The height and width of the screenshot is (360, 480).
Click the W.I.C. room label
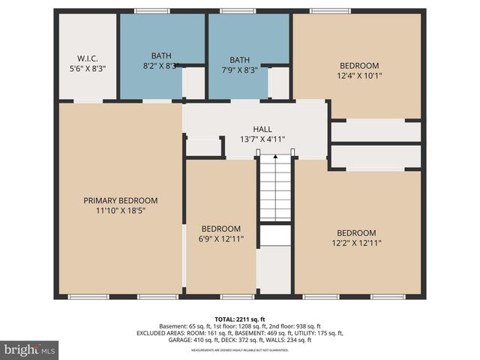pyautogui.click(x=88, y=58)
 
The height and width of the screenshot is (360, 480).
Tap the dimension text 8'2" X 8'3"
pyautogui.click(x=161, y=66)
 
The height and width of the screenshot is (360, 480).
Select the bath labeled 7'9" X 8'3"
pyautogui.click(x=239, y=60)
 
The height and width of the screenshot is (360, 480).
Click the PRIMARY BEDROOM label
pyautogui.click(x=120, y=200)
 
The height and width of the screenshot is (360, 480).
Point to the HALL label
pyautogui.click(x=262, y=129)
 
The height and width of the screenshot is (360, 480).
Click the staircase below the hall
pyautogui.click(x=275, y=187)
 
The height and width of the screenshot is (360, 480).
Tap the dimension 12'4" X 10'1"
pyautogui.click(x=358, y=75)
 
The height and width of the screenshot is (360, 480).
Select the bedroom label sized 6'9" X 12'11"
pyautogui.click(x=220, y=229)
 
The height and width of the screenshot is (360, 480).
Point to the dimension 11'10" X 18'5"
pyautogui.click(x=120, y=211)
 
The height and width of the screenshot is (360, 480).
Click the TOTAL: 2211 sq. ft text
pyautogui.click(x=239, y=318)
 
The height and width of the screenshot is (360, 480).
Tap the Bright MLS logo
pyautogui.click(x=29, y=349)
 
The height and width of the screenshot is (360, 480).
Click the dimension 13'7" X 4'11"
pyautogui.click(x=262, y=139)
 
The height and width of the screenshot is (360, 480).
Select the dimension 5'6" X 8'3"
pyautogui.click(x=88, y=68)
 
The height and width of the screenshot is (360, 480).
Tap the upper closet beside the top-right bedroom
pyautogui.click(x=376, y=131)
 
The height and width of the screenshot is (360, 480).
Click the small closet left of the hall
pyautogui.click(x=203, y=146)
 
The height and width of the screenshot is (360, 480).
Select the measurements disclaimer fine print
pyautogui.click(x=239, y=349)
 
